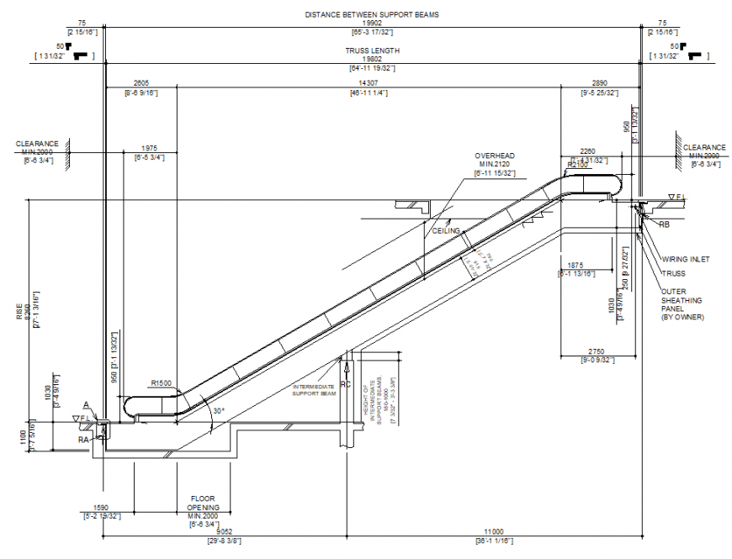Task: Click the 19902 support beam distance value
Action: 372,24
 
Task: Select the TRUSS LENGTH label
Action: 372,50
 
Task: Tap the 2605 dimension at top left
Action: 141,83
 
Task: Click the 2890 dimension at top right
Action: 599,83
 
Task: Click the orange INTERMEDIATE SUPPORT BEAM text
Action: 314,390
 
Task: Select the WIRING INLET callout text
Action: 685,260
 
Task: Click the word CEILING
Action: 446,230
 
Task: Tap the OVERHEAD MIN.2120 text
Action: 494,161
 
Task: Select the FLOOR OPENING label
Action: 204,503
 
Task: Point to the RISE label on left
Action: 19,313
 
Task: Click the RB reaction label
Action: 664,225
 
